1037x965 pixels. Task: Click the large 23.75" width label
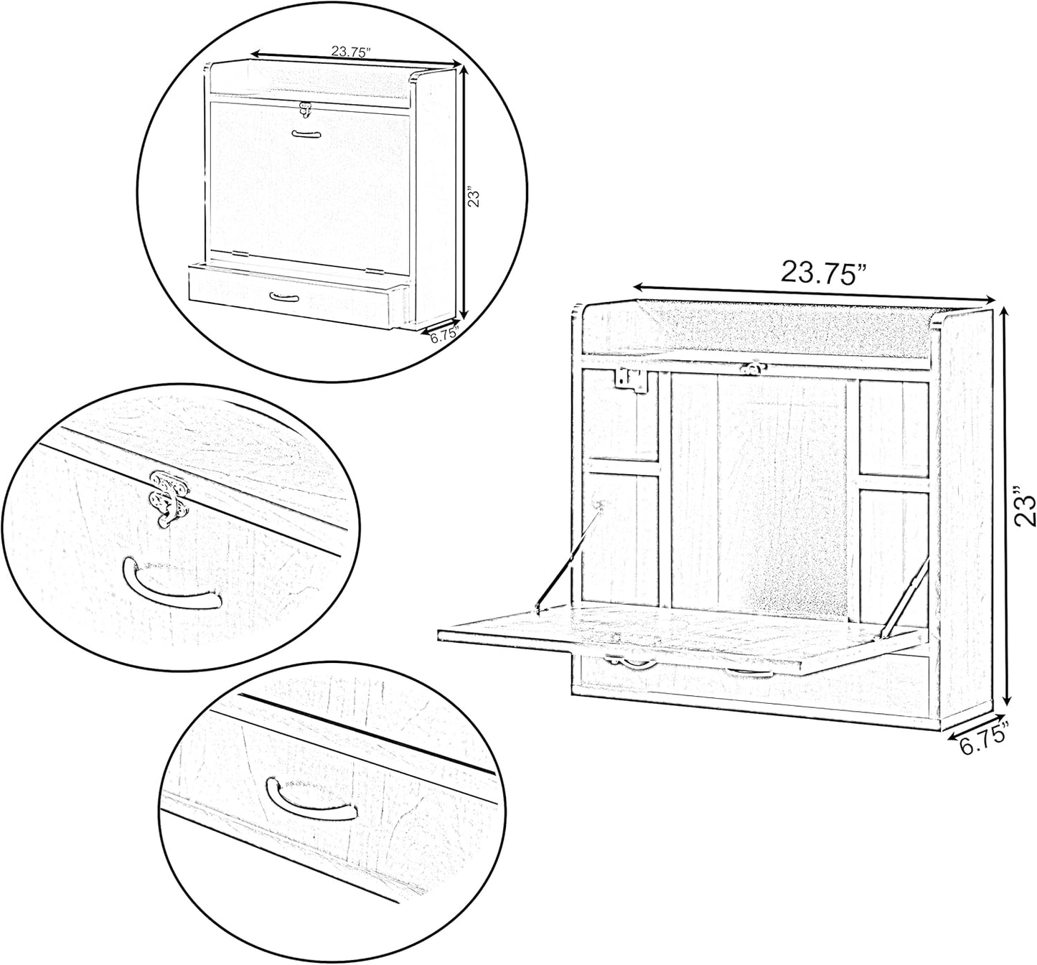click(x=825, y=273)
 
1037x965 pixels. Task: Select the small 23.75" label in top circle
click(x=350, y=52)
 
